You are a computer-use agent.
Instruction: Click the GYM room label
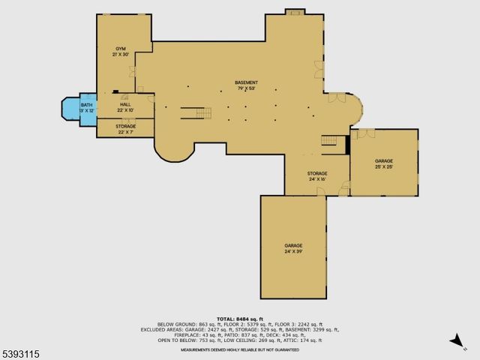click(120, 49)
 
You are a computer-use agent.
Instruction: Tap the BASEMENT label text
click(246, 82)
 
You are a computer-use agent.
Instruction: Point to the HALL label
click(125, 105)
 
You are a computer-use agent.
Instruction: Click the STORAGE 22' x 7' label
click(125, 126)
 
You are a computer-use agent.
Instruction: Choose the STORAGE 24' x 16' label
click(316, 174)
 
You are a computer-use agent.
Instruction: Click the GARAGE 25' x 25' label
click(384, 161)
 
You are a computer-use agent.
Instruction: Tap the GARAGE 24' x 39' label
click(293, 246)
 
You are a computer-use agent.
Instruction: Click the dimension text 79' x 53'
click(246, 88)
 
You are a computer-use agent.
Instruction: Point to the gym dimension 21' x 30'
click(120, 55)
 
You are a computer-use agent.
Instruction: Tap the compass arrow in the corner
click(456, 342)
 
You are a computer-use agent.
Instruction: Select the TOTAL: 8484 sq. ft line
click(240, 318)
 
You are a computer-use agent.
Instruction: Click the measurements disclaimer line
click(240, 350)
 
